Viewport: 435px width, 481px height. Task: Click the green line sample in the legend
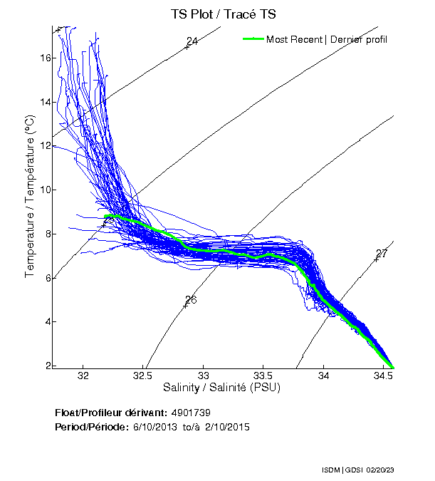(x=253, y=38)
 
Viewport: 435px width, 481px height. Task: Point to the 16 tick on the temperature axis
(x=44, y=58)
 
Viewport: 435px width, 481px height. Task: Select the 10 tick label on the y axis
(x=44, y=190)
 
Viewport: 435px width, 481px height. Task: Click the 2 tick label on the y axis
(x=47, y=366)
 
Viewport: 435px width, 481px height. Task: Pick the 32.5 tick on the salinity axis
(x=143, y=376)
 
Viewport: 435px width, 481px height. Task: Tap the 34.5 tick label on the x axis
(x=384, y=376)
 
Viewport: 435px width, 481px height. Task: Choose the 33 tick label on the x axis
(x=204, y=376)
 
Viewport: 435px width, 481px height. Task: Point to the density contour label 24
(x=192, y=41)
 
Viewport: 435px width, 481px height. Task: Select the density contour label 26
(x=190, y=300)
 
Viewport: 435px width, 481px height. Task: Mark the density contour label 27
(x=382, y=254)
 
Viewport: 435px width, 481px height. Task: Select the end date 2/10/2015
(x=225, y=426)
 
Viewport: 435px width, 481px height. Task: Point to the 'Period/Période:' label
(x=91, y=426)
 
